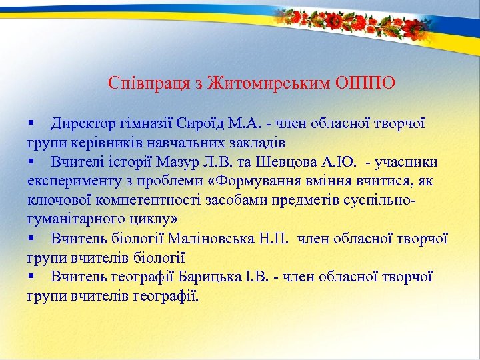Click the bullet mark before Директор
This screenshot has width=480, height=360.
[x=31, y=124]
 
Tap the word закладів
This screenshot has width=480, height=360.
[x=253, y=143]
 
